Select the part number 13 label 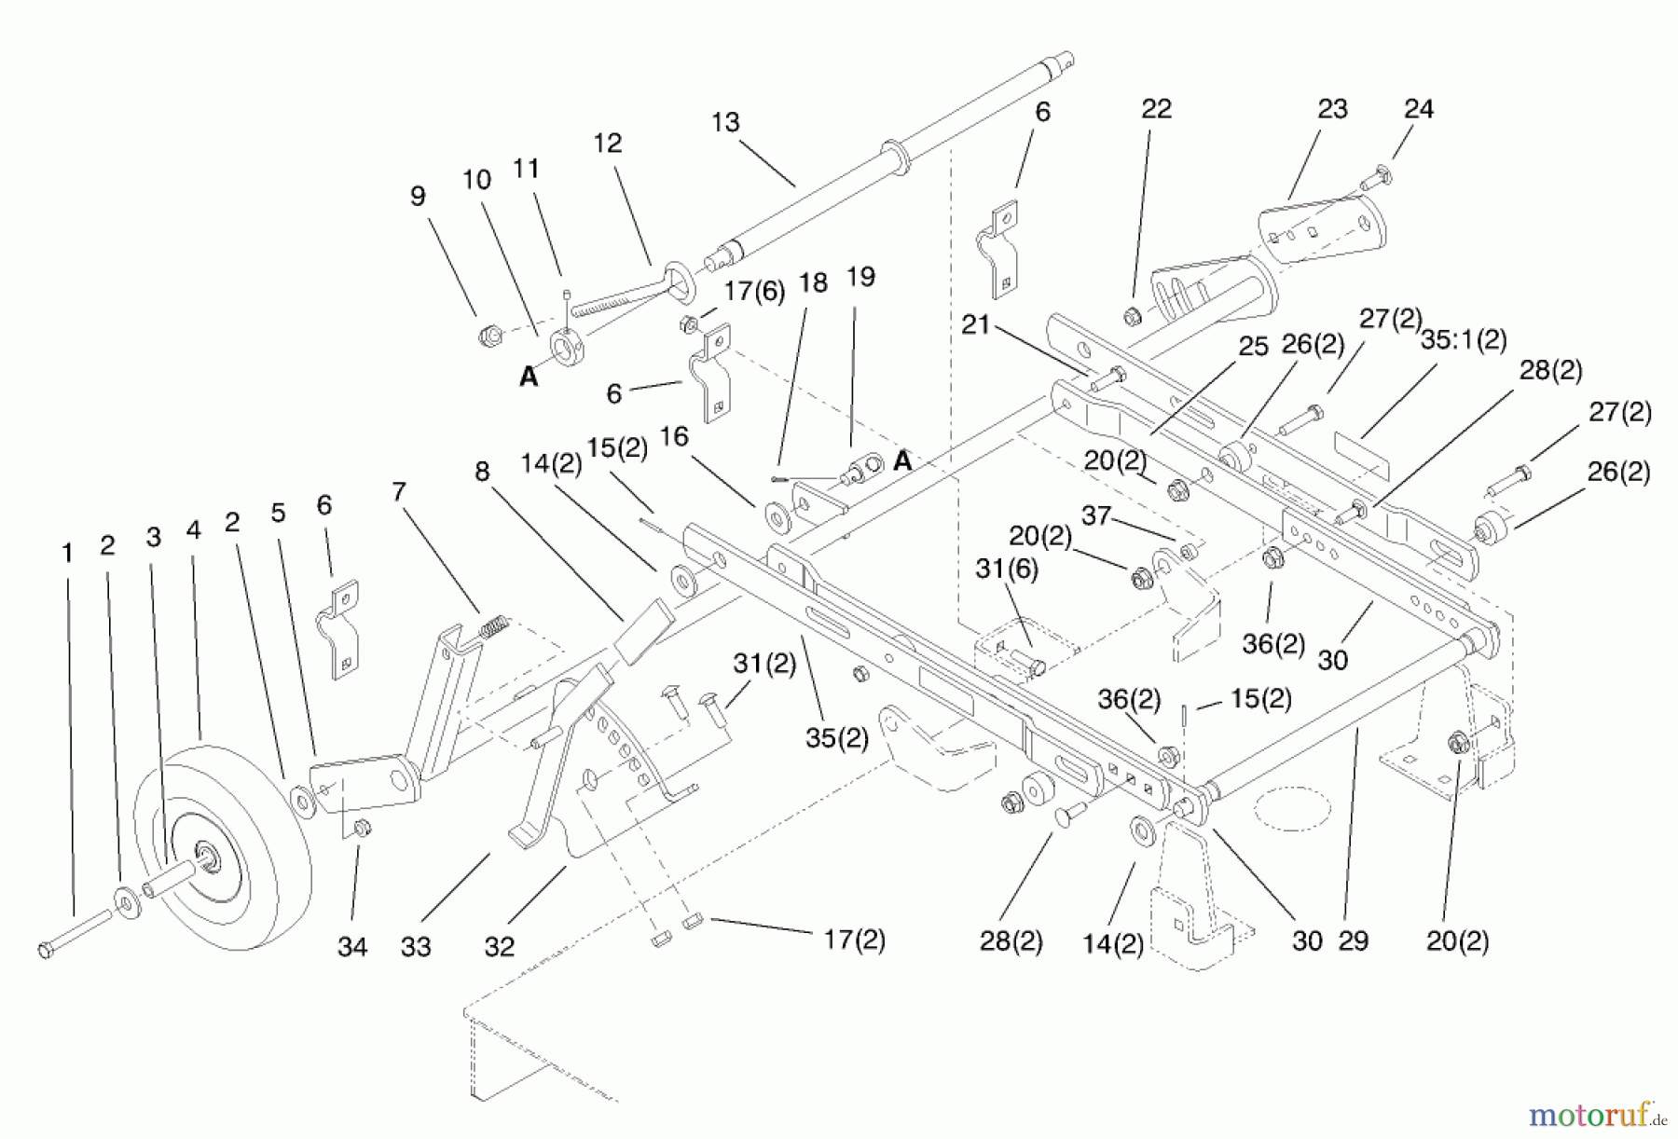tap(725, 122)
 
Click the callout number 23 tap(1332, 109)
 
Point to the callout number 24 tap(1418, 109)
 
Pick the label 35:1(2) tap(1464, 339)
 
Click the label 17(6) tap(754, 291)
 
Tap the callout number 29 tap(1353, 941)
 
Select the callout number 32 tap(500, 947)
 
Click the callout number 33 tap(416, 947)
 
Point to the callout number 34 tap(352, 947)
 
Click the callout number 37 tap(1096, 515)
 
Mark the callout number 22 tap(1156, 109)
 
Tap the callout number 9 tap(418, 196)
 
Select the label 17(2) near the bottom tap(854, 940)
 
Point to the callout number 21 tap(975, 325)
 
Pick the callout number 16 tap(673, 437)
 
